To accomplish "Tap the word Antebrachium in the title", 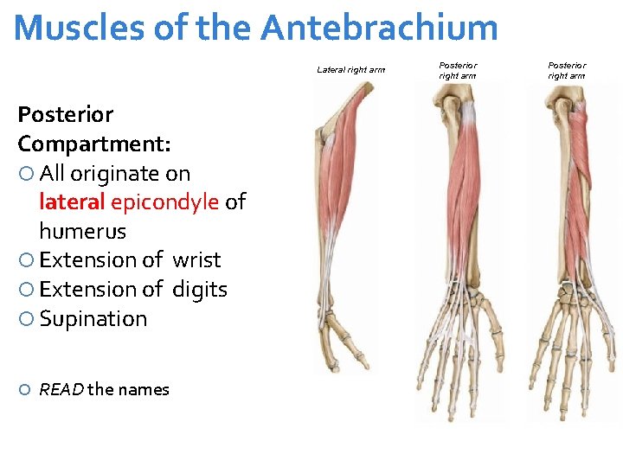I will point(379,28).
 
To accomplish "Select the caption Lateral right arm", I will point(351,70).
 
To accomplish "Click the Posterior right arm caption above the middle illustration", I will point(457,70).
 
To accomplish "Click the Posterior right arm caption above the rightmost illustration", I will point(566,70).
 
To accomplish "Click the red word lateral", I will point(72,202).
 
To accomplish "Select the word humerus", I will point(82,232).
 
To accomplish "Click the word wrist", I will point(196,260).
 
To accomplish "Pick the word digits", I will point(200,290).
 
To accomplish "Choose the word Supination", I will point(93,319).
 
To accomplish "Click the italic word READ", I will point(61,390).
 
